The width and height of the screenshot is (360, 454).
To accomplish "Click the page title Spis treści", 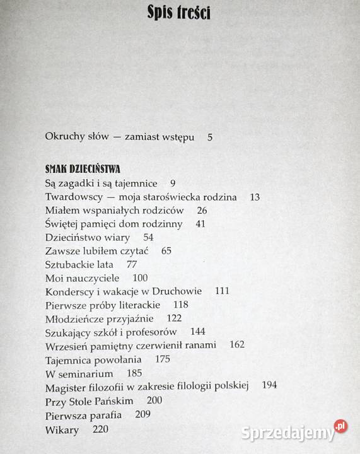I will pos(180,12).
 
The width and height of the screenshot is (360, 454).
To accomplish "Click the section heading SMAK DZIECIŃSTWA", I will pos(83,169).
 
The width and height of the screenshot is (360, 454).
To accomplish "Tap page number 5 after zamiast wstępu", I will pos(210,137).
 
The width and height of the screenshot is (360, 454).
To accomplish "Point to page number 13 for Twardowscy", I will pos(255,197).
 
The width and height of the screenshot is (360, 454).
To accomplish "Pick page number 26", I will pos(202,210).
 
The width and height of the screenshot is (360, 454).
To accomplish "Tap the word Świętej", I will pos(64,224).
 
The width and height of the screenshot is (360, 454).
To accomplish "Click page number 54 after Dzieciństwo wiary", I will pos(149,237).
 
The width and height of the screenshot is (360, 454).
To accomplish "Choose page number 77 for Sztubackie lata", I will pos(132,264).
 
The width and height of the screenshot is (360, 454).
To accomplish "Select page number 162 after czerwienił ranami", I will pos(237,345).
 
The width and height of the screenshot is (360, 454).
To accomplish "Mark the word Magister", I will pos(67,385).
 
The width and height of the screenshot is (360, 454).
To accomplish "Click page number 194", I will pos(269,385).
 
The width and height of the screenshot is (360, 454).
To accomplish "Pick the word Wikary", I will pos(62,430).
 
